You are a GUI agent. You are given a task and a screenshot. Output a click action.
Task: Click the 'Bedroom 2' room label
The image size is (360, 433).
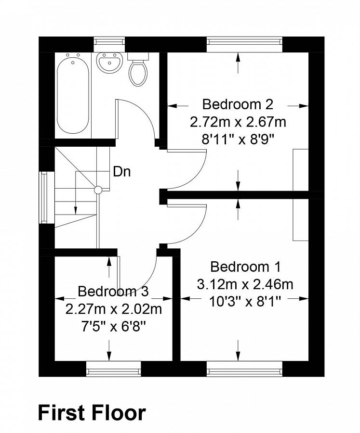238,104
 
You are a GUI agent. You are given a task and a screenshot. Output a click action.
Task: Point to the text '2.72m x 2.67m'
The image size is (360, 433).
238,122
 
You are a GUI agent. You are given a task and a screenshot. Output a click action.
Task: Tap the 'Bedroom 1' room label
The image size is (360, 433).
245,267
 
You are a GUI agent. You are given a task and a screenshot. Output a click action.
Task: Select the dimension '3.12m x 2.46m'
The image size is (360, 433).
245,284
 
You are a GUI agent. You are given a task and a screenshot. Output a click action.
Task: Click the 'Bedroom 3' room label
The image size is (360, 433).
113,291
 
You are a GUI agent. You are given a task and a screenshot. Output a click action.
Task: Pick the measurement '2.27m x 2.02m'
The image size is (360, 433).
114,308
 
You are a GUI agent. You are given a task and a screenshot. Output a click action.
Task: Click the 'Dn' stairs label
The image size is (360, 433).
121,171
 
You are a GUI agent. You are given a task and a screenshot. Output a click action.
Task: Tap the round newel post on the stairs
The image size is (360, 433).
98,190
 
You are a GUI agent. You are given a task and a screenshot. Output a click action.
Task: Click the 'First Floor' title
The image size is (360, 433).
92,413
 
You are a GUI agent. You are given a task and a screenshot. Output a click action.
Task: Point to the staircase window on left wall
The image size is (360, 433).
44,197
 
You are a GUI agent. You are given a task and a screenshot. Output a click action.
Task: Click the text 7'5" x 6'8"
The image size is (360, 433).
114,326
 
